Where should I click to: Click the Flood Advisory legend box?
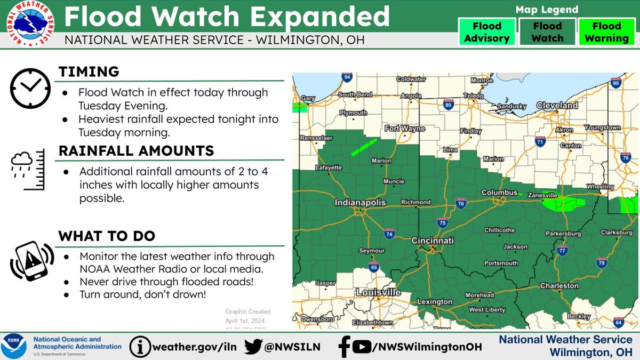pyautogui.click(x=486, y=32)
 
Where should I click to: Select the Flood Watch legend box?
pyautogui.click(x=547, y=32)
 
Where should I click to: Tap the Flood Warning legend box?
pyautogui.click(x=606, y=32)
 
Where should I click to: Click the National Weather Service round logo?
pyautogui.click(x=30, y=24)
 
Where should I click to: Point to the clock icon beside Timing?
pyautogui.click(x=30, y=89)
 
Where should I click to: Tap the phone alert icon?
pyautogui.click(x=31, y=261)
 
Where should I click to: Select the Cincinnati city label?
pyautogui.click(x=433, y=241)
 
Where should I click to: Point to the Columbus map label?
pyautogui.click(x=500, y=193)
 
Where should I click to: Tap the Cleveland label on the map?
pyautogui.click(x=557, y=106)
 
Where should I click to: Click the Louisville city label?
pyautogui.click(x=378, y=292)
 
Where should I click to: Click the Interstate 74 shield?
pyautogui.click(x=389, y=234)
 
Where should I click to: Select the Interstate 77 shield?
pyautogui.click(x=562, y=249)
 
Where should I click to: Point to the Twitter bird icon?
pyautogui.click(x=253, y=347)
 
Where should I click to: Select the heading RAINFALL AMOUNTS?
pyautogui.click(x=136, y=151)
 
